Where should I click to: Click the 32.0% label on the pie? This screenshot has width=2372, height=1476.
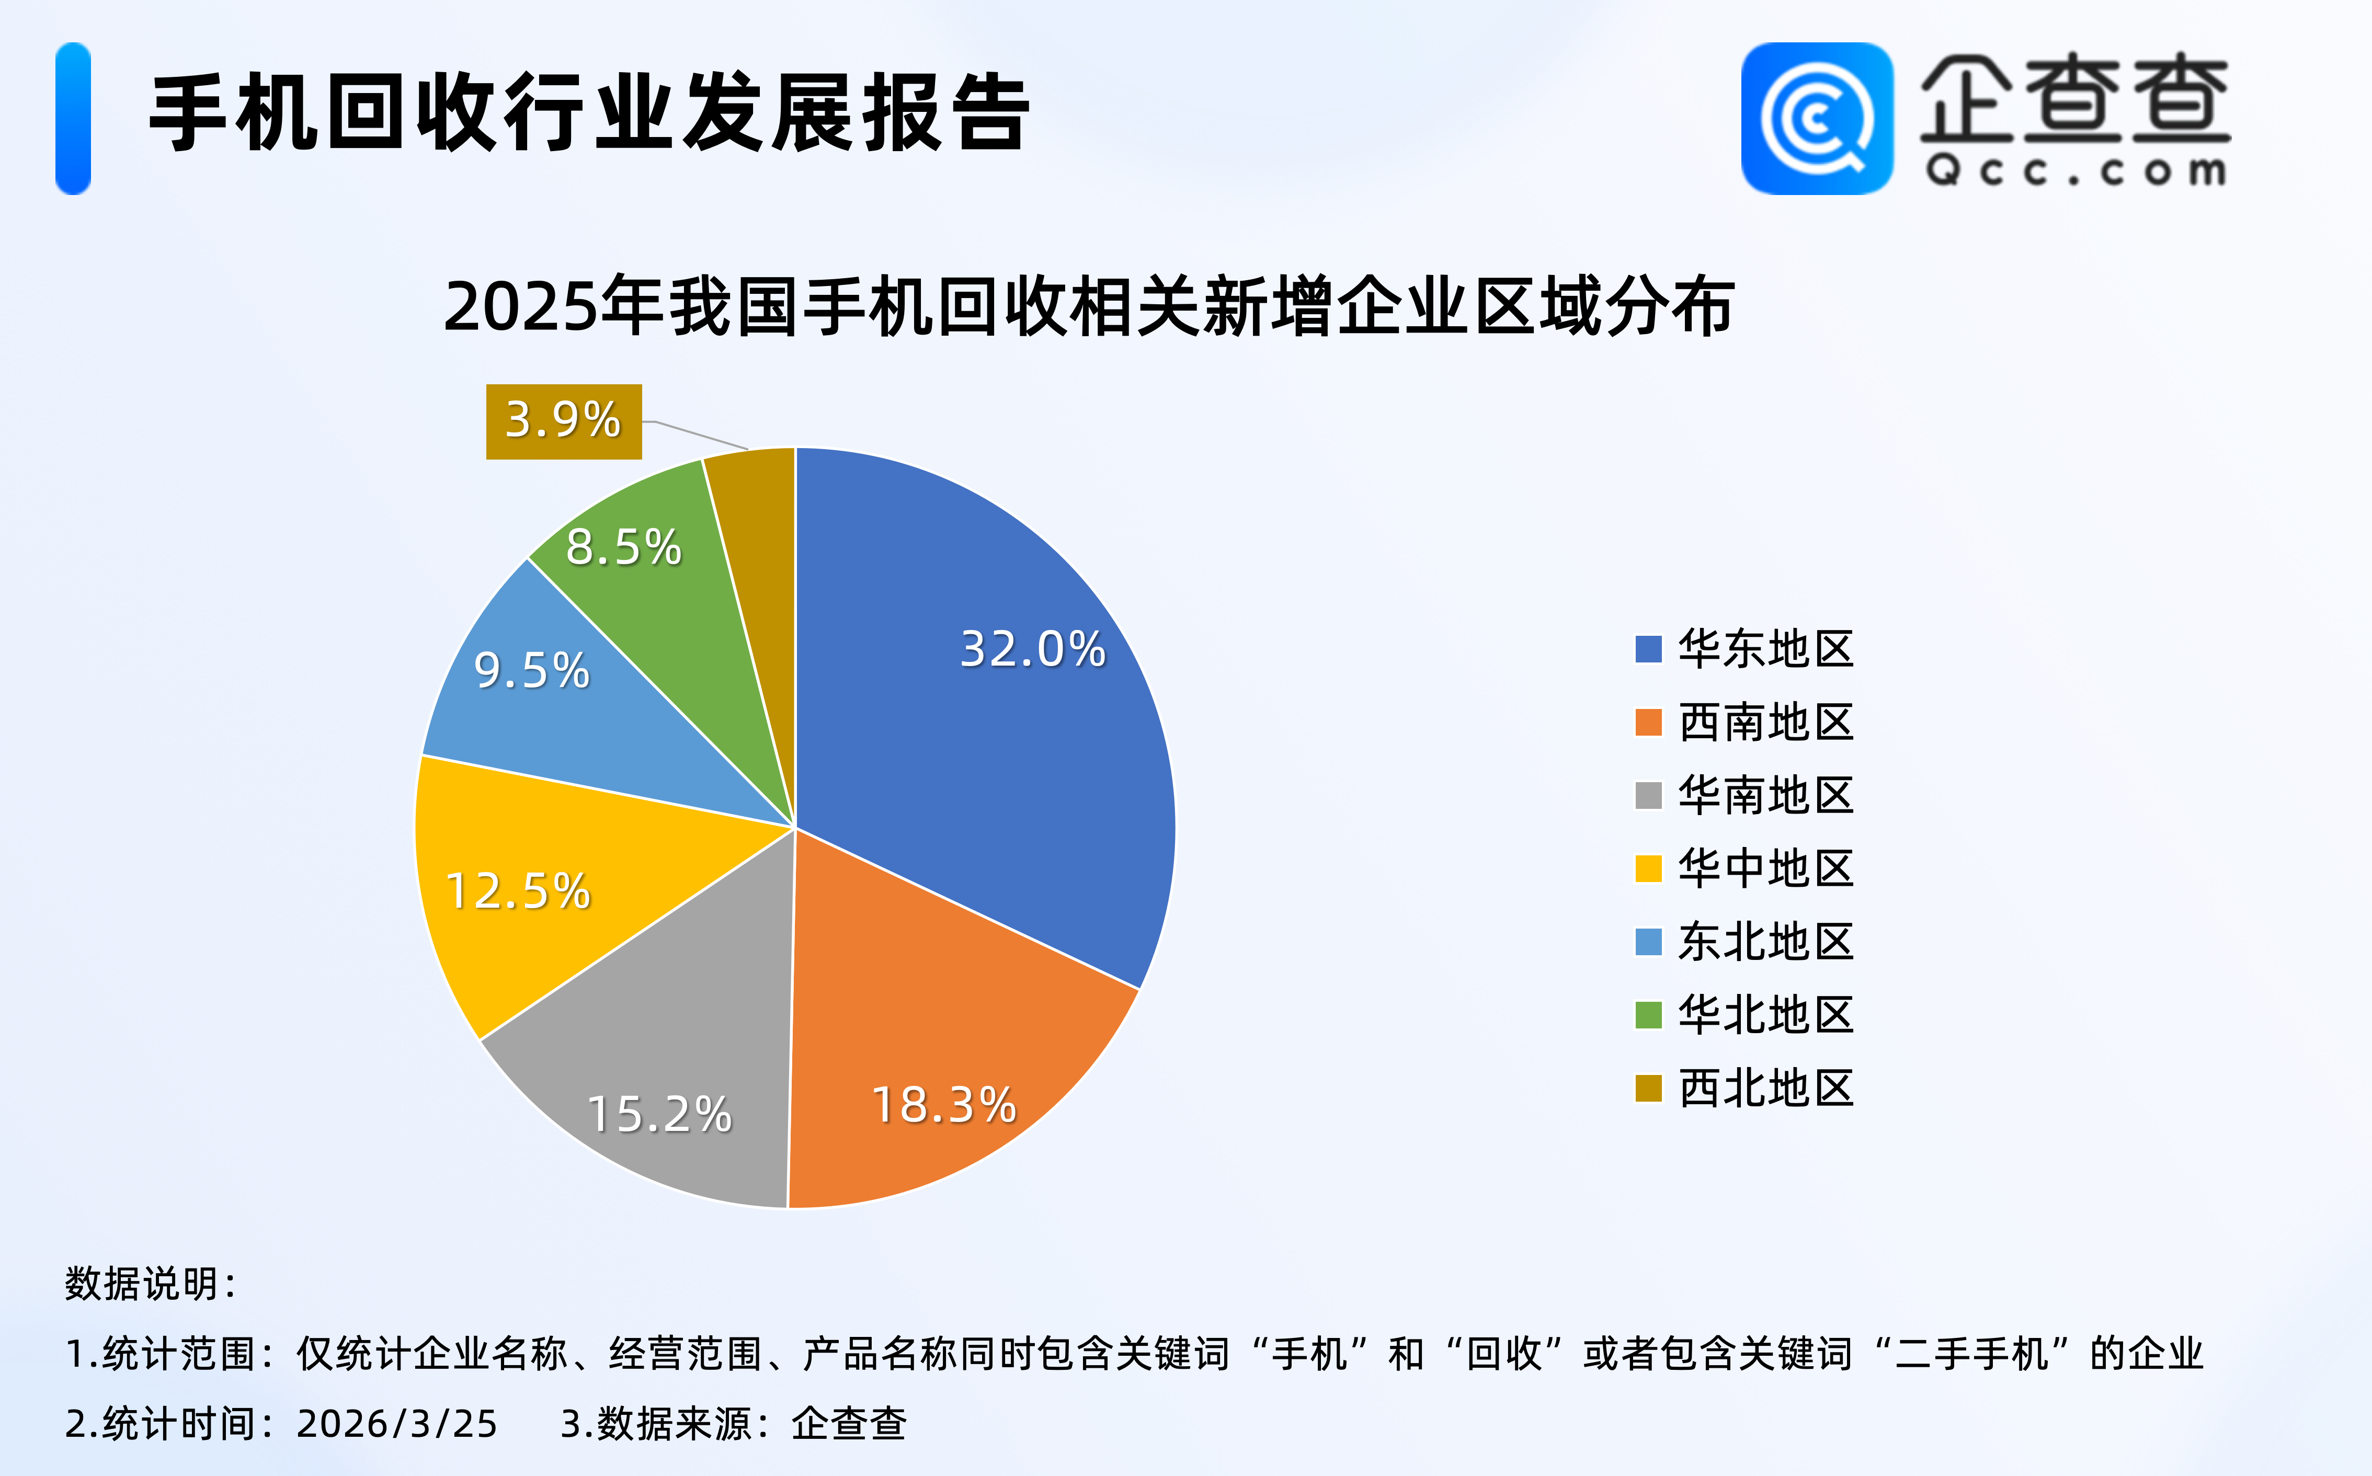pyautogui.click(x=1033, y=649)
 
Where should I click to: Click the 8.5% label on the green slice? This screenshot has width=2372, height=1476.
pyautogui.click(x=623, y=547)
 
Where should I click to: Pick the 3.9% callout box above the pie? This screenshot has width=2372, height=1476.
pyautogui.click(x=563, y=421)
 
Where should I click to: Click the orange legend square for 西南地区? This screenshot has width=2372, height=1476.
pyautogui.click(x=1648, y=723)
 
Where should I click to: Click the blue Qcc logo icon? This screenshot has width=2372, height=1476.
pyautogui.click(x=1817, y=118)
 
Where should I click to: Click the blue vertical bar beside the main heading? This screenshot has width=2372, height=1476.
pyautogui.click(x=73, y=118)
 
